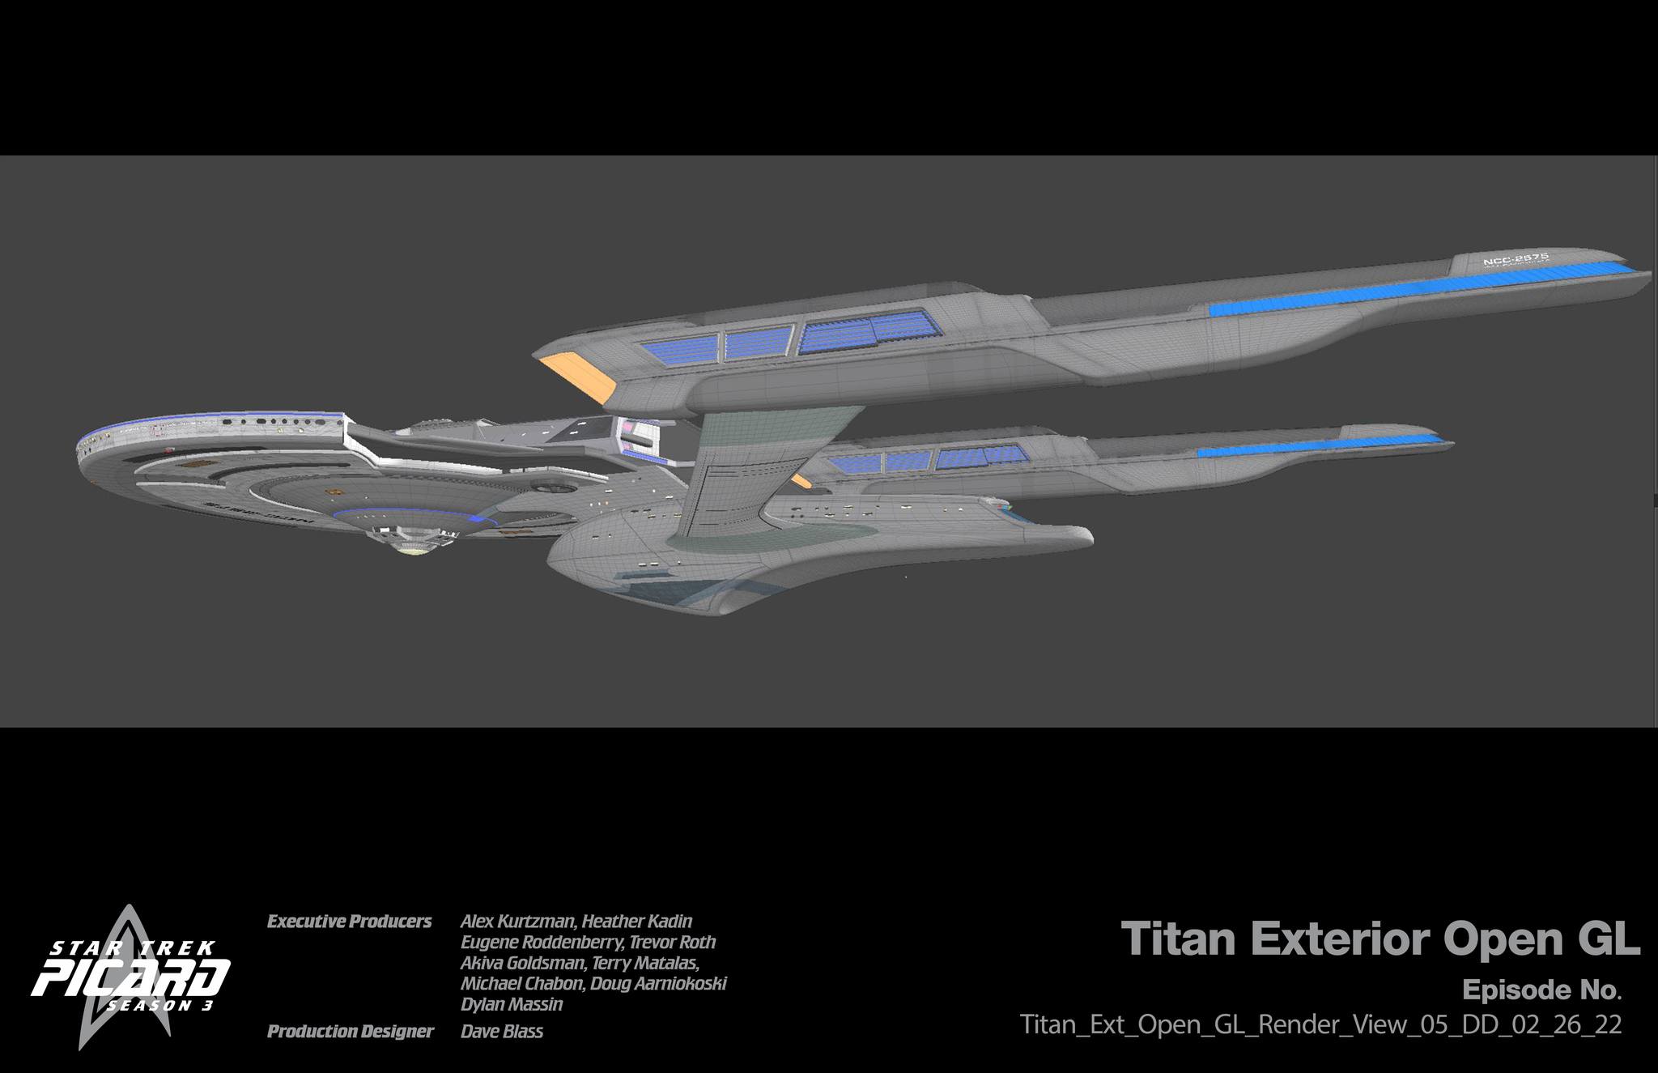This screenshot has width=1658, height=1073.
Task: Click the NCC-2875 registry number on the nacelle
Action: [x=1516, y=259]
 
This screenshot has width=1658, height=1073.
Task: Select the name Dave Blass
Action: [x=502, y=1032]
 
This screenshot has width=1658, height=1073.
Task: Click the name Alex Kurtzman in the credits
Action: [x=518, y=922]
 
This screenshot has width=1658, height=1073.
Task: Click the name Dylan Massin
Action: [x=512, y=1005]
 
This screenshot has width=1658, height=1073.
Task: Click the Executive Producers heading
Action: [x=349, y=922]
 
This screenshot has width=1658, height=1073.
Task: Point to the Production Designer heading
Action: [x=350, y=1032]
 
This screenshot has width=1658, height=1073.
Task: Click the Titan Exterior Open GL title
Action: [x=1380, y=939]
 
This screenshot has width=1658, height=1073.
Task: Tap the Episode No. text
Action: [x=1541, y=990]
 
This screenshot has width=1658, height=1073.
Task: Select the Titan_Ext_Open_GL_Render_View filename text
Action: [x=1320, y=1024]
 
